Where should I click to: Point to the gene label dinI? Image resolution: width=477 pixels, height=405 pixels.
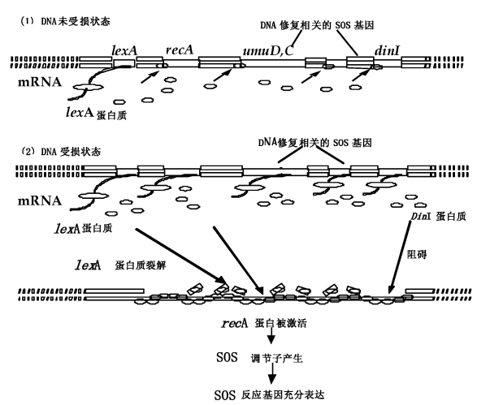pos(385,50)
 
